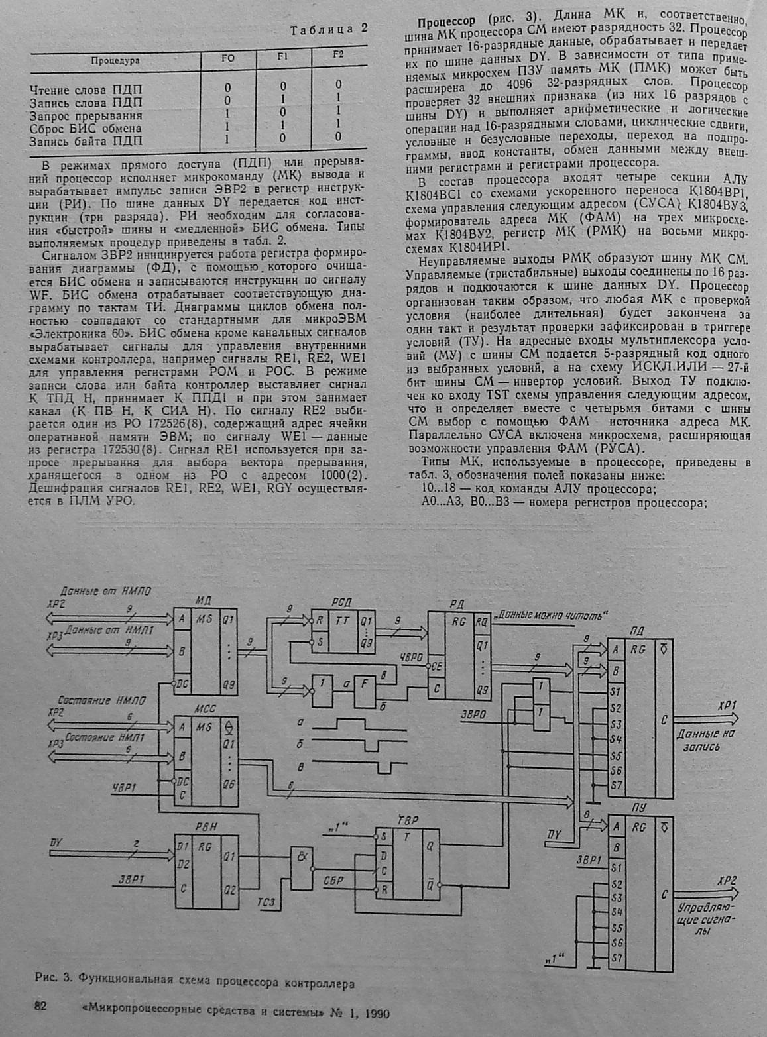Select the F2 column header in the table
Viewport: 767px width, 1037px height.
(x=339, y=55)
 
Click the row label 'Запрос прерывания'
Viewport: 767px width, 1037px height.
(x=86, y=115)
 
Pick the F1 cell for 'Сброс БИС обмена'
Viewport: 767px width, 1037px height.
(x=283, y=125)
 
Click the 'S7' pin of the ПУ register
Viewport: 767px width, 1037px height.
(x=617, y=957)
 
